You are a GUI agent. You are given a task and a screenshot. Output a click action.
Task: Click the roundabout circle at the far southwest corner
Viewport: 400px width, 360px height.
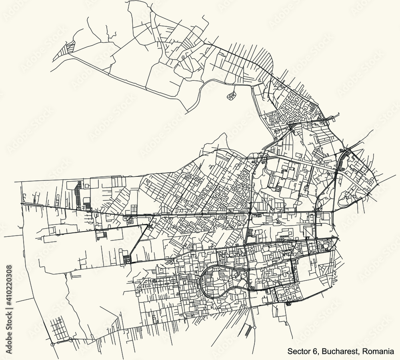52,344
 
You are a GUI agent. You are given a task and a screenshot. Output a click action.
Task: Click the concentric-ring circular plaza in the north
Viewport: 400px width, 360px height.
276,131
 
